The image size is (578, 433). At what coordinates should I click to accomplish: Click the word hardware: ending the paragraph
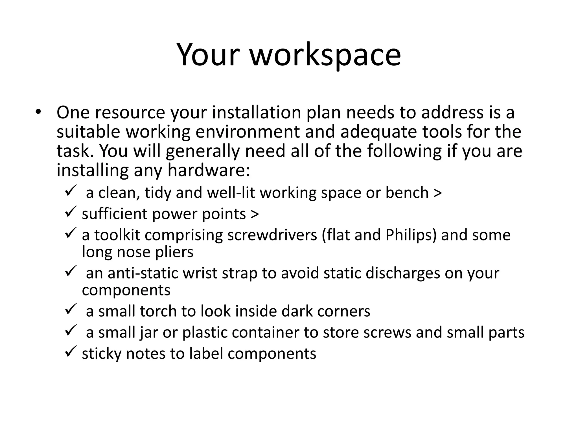[209, 170]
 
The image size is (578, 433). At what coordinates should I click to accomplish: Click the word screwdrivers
[272, 235]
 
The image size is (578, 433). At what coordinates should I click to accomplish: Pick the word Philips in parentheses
[409, 235]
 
